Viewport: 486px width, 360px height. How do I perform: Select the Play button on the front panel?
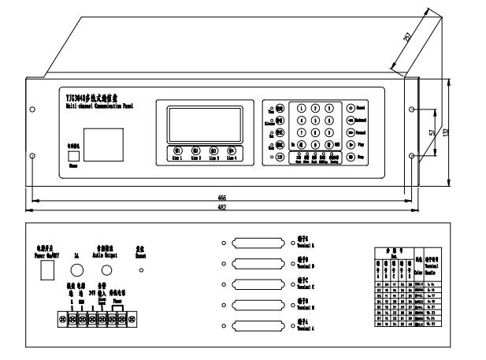click(350, 144)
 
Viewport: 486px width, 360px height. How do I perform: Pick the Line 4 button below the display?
click(232, 150)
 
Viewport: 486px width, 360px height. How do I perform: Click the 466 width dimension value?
click(218, 197)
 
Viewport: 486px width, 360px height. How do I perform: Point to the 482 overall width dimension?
click(218, 206)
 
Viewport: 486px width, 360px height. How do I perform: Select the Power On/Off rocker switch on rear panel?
click(46, 269)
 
